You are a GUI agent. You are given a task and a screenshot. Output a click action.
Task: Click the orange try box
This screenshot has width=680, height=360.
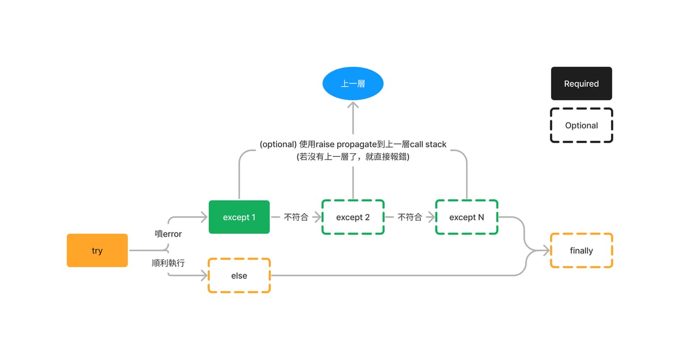[97, 251]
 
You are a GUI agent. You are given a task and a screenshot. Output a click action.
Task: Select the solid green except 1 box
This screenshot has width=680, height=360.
[239, 217]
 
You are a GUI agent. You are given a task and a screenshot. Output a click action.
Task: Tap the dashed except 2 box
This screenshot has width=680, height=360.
[353, 217]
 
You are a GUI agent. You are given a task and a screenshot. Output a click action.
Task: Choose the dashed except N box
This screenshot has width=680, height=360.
[467, 217]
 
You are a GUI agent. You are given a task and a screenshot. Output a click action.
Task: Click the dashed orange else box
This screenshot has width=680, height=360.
[239, 276]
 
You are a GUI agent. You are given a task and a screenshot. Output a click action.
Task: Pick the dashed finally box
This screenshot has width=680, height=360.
[582, 251]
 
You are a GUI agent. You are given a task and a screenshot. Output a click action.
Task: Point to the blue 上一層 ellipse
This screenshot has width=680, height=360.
[353, 83]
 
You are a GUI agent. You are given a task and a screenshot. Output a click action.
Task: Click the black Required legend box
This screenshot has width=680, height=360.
[582, 83]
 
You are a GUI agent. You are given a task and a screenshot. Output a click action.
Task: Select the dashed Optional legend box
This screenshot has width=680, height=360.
[582, 125]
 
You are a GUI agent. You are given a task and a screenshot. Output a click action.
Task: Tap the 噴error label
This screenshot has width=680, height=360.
[168, 234]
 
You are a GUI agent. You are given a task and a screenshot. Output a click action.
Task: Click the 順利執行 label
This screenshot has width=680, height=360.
[168, 263]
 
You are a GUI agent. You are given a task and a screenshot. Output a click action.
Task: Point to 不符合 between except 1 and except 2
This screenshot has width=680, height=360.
[296, 217]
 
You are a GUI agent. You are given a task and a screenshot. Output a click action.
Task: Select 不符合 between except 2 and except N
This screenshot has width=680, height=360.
[410, 217]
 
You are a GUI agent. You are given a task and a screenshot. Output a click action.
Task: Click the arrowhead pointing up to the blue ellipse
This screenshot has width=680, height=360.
[353, 105]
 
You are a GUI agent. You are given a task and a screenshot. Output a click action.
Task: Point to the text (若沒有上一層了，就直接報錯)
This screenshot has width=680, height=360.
[353, 157]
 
